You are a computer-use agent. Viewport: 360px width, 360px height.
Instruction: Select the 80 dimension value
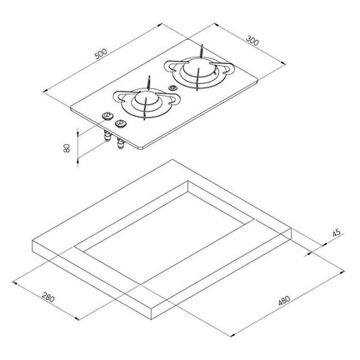(66, 148)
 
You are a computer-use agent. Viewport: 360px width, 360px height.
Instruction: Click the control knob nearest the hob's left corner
(107, 116)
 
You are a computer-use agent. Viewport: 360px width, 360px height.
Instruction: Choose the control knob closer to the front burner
(121, 122)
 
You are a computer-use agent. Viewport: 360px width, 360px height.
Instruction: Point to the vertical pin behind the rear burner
(202, 50)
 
